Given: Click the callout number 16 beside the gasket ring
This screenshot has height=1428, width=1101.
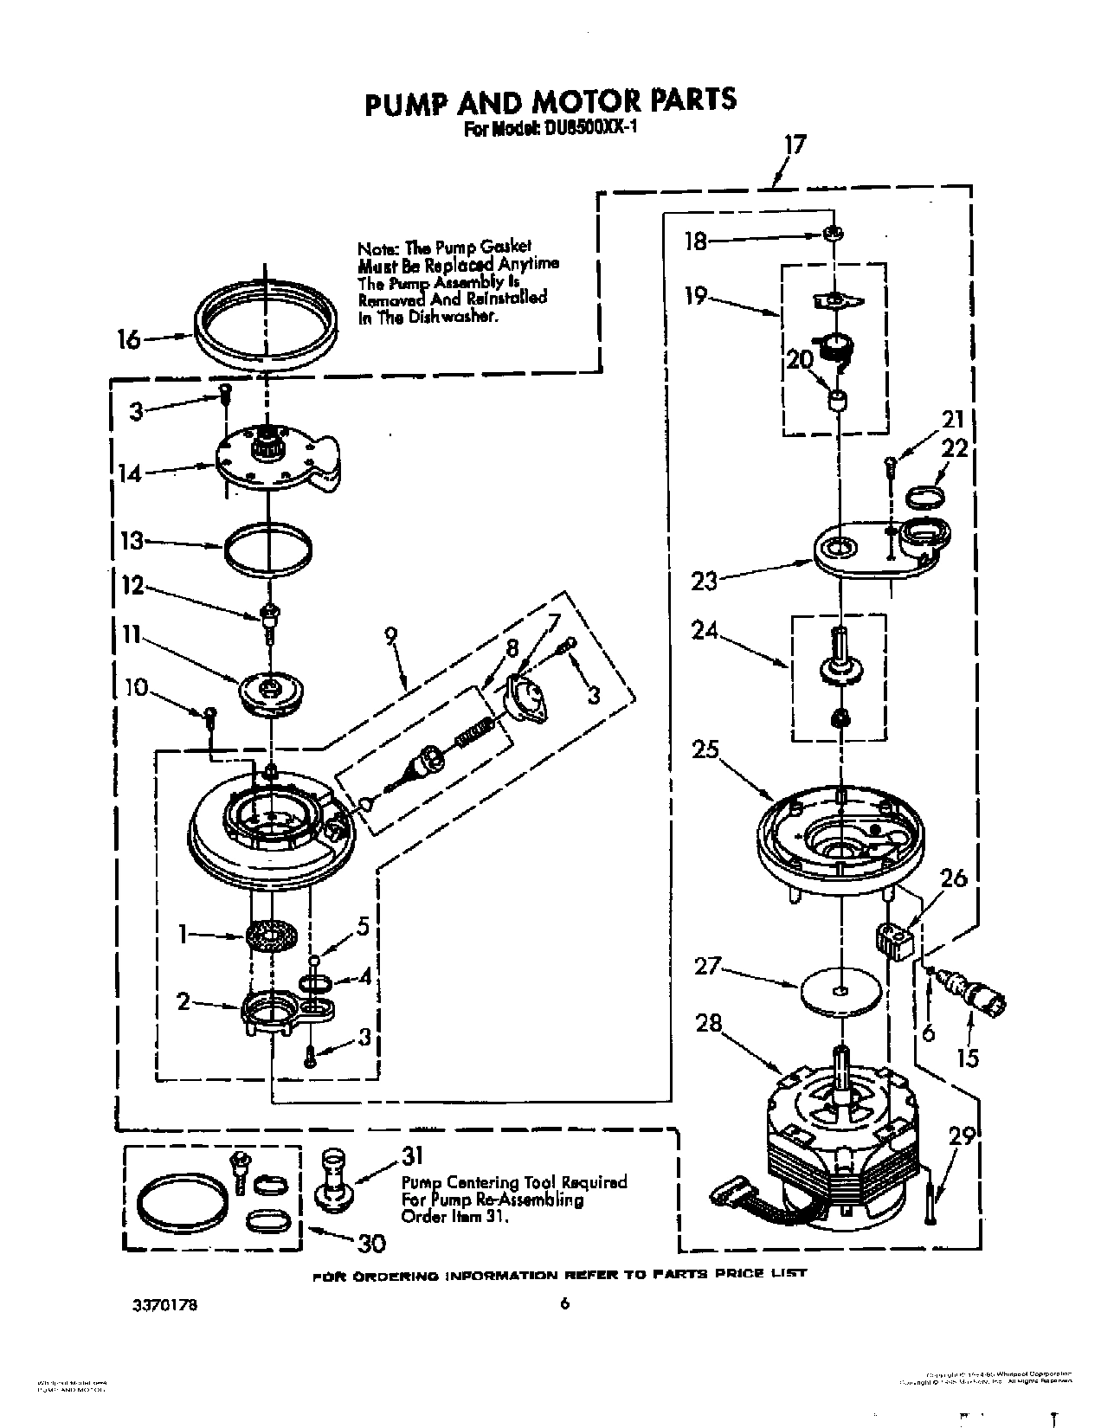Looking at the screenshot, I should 128,338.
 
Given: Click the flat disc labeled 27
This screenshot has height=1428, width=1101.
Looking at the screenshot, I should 840,989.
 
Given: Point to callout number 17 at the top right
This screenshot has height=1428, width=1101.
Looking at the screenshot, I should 794,145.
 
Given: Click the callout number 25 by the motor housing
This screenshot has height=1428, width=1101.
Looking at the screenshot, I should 705,749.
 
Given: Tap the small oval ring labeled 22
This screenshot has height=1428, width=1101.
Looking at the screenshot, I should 925,496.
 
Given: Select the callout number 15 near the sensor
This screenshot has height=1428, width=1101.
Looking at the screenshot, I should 969,1057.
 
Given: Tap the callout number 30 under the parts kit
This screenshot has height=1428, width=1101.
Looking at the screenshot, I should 370,1244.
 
